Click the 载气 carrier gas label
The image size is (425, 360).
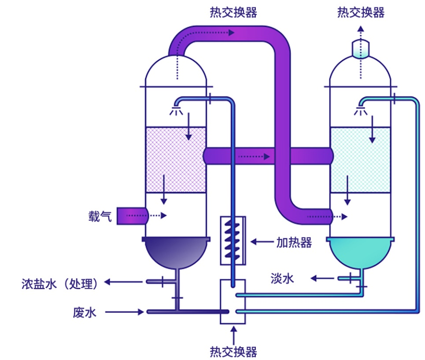pyautogui.click(x=100, y=217)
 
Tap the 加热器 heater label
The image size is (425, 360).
pyautogui.click(x=294, y=242)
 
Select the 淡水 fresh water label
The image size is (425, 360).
pyautogui.click(x=282, y=279)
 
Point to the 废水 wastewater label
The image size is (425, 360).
pyautogui.click(x=85, y=312)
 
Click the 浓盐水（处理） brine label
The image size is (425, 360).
pyautogui.click(x=59, y=283)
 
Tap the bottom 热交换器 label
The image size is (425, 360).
pyautogui.click(x=233, y=352)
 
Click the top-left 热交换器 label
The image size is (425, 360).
pyautogui.click(x=233, y=12)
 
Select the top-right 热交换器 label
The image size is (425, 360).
pyautogui.click(x=361, y=12)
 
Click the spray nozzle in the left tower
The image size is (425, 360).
pyautogui.click(x=176, y=110)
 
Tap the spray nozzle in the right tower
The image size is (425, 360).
pyautogui.click(x=361, y=110)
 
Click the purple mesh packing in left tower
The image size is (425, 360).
pyautogui.click(x=176, y=160)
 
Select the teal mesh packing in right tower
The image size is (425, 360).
pyautogui.click(x=361, y=160)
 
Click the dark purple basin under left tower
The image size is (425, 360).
pyautogui.click(x=176, y=252)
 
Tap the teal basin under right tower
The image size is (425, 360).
pyautogui.click(x=361, y=252)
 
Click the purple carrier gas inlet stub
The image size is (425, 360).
pyautogui.click(x=133, y=216)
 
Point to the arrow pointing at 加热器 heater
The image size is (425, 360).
pyautogui.click(x=262, y=242)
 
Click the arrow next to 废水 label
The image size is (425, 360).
pyautogui.click(x=124, y=312)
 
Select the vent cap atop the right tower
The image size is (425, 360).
pyautogui.click(x=361, y=49)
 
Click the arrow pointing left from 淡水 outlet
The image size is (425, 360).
pyautogui.click(x=322, y=278)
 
